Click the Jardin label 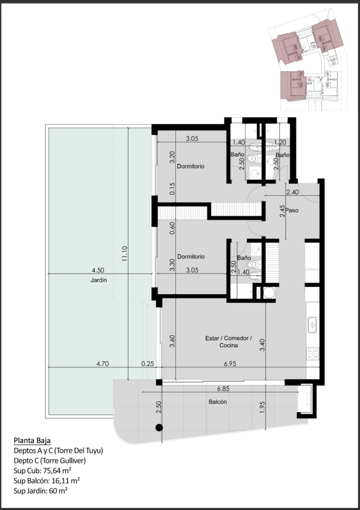coord(98,280)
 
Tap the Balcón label coord(218,402)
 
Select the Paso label coord(292,210)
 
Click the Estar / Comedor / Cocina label coord(228,342)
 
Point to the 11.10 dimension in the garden coord(125,254)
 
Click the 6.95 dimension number coord(230,363)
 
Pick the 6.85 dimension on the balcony coord(223,388)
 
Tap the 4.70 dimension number coord(103,363)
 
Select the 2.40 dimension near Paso coord(292,192)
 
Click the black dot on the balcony coord(159,428)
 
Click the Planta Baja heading coord(32,440)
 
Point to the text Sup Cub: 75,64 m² coord(43,470)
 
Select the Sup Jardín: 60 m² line coord(41,490)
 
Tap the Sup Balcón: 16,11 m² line coord(47,480)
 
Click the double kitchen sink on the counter coord(312,325)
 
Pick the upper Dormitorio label coord(191,166)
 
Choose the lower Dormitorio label coord(191,257)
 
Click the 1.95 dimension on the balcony coord(262,407)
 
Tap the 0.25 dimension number coord(148,363)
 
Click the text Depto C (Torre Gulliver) coord(50,460)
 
